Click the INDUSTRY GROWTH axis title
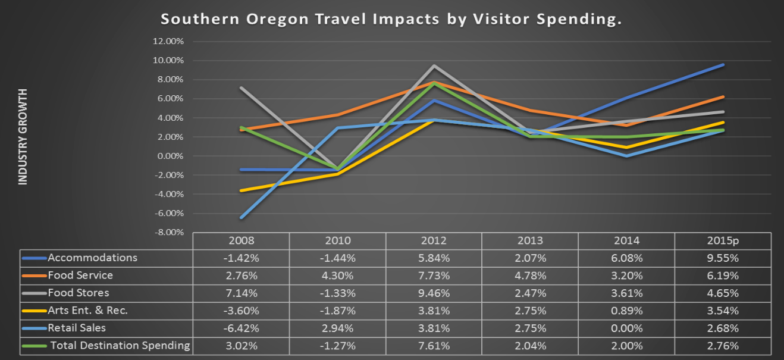(23, 136)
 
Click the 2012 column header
(434, 241)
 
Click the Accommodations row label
(92, 258)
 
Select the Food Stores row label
(79, 293)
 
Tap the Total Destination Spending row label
(120, 346)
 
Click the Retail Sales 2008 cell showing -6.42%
(241, 328)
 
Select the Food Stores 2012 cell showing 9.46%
(434, 293)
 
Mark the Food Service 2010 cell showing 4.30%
(337, 276)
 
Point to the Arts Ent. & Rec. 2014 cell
(626, 311)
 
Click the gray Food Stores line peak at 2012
(434, 65)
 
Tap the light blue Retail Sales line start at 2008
(242, 217)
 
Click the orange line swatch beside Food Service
(34, 276)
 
